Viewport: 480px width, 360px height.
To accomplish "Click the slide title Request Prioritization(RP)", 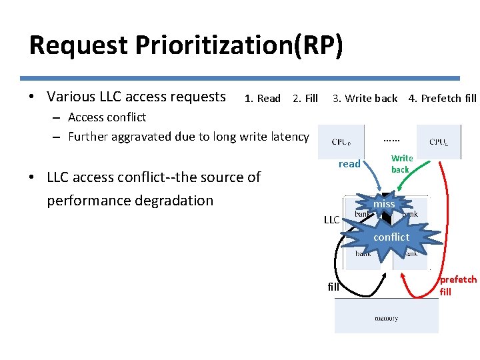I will tap(186, 45).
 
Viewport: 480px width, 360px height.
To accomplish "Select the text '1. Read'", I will tap(263, 99).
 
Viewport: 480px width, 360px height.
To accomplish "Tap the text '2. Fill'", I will tap(305, 99).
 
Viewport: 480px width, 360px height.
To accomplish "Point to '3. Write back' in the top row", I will tap(365, 99).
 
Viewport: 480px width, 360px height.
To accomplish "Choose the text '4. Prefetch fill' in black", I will tap(442, 99).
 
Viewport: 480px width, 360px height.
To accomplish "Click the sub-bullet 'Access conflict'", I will tap(107, 117).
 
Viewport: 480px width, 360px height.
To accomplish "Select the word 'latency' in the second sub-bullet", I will tap(289, 137).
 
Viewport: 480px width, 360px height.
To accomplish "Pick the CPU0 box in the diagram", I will tap(341, 141).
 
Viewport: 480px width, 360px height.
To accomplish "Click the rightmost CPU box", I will tap(438, 141).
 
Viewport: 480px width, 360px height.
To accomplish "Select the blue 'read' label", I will tap(349, 164).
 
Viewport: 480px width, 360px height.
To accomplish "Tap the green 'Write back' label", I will tap(401, 164).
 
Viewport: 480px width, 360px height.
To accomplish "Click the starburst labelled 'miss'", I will tap(384, 204).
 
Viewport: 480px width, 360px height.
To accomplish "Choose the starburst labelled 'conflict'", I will tap(391, 237).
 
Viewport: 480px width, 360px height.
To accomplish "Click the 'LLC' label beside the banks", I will tap(331, 220).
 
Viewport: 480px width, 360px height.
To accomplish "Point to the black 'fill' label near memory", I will tap(334, 287).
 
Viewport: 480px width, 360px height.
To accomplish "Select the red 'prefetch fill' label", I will tap(458, 285).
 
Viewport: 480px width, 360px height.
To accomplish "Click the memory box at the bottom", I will tap(387, 316).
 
